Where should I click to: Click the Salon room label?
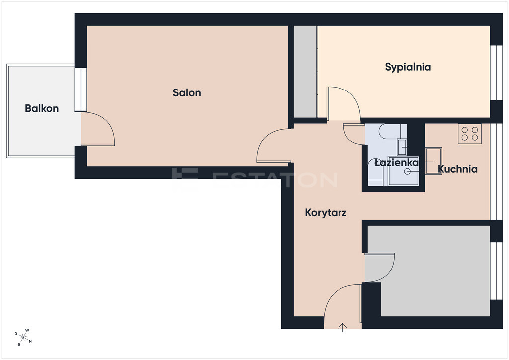coord(187,93)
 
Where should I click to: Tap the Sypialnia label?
coord(408,67)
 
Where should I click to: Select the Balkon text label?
coord(42,108)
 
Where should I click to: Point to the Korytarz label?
coord(326,213)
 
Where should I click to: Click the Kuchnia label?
coord(458,169)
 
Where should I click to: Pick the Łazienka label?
coord(396,162)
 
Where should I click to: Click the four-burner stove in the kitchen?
coord(469,134)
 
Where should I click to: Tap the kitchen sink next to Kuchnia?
coord(433,161)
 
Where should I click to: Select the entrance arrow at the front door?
coord(343,327)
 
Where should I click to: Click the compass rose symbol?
coord(23,337)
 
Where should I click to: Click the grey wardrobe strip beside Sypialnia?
coord(305,72)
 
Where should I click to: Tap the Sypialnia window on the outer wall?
coord(497,73)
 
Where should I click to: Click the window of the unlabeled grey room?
coord(497,270)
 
